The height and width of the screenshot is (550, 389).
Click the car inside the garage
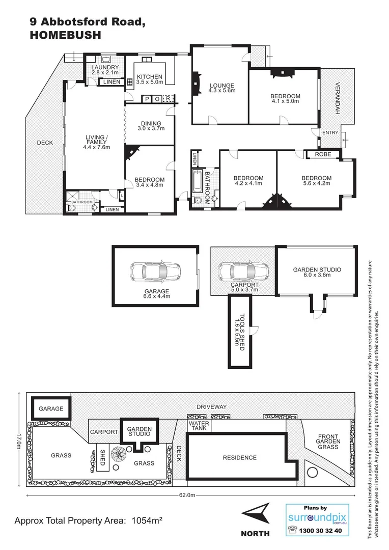coord(155,272)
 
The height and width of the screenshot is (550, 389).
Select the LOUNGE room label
coord(221,88)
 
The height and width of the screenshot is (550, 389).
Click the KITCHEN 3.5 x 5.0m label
coord(150,79)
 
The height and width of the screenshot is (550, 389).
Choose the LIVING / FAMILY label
coord(97,142)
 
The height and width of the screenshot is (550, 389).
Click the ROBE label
coord(323,154)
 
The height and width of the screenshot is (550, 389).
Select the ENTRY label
coord(330,133)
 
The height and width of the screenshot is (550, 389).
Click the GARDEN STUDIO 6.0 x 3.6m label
coord(317,272)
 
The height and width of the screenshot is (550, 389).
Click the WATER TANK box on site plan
coord(199,426)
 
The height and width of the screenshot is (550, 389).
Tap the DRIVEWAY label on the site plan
coord(211,407)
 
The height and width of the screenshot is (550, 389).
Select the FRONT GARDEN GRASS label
coord(328,442)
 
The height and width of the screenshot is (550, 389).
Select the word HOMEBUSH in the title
coord(66,35)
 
